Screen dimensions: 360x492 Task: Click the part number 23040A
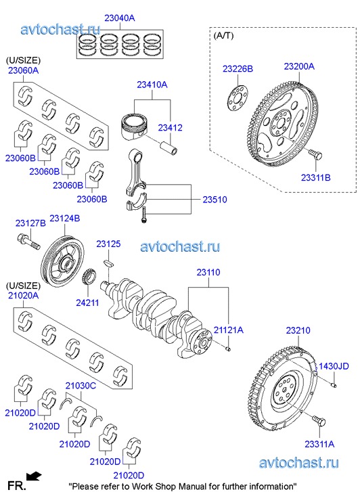point(120,18)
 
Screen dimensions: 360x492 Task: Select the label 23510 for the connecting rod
point(215,200)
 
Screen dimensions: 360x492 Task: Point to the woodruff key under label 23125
point(108,263)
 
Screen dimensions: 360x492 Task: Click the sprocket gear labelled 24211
point(89,276)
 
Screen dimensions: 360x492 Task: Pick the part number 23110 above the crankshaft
point(208,272)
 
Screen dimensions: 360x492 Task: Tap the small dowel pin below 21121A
point(229,349)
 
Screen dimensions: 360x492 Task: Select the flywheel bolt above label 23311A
point(319,420)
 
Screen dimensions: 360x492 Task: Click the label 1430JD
point(334,366)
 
